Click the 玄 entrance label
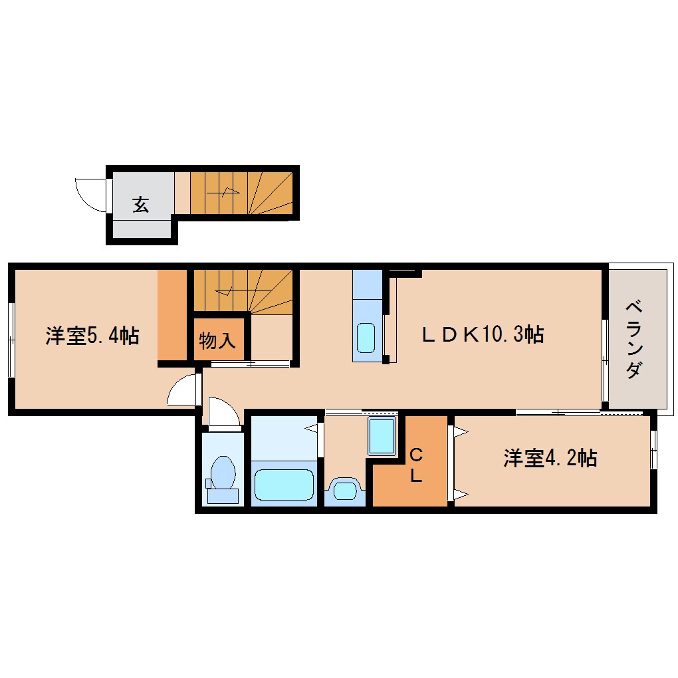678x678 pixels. pos(140,204)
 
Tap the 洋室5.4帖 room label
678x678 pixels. pos(92,336)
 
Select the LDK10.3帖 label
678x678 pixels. pos(483,334)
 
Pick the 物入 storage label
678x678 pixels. pos(217,340)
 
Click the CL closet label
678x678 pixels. pos(415,465)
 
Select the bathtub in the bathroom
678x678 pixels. pos(284,485)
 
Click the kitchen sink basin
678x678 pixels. pos(366,338)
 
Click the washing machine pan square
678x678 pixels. pos(382,436)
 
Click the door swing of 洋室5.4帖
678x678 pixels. pos(183,391)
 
